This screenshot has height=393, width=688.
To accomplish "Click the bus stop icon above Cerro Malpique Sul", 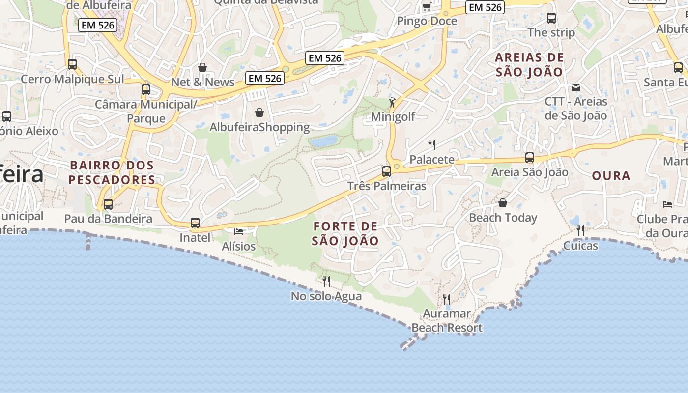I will pos(72,64).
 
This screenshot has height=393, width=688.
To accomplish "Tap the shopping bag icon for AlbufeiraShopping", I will pos(259,112).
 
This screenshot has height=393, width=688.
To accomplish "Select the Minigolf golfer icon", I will pos(392,102).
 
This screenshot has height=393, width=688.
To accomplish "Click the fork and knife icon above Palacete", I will pos(432,144).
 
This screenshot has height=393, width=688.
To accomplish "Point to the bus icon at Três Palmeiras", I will pos(387,171).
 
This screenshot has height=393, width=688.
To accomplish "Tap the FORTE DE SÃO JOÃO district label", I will pos(345,233).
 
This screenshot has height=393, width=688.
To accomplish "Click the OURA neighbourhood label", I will pos(611,176).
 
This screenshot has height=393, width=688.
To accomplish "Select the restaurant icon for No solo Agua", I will pos(326,281).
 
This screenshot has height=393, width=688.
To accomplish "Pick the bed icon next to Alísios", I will pos(239,231).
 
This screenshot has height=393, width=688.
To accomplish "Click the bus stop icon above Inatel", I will pos(195,223).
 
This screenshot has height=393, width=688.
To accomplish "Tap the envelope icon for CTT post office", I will pos(576,87).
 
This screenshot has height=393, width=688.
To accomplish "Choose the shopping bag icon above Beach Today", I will pos(503,203).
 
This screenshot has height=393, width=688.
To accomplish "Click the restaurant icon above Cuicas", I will pos(580,230).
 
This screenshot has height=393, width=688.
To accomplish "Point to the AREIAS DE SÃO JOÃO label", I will pos(529,64).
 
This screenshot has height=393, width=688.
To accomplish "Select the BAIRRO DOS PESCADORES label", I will pos(112,172).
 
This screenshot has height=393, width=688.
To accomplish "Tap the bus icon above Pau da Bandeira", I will pos(108,204).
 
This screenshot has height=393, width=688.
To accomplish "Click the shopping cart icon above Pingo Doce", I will pos(427,6).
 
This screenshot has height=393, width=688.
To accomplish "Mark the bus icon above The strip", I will pos(551,18).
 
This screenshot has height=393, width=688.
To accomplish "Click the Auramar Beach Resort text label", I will pos(447,321).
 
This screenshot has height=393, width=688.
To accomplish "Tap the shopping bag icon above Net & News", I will pos(202,67).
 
